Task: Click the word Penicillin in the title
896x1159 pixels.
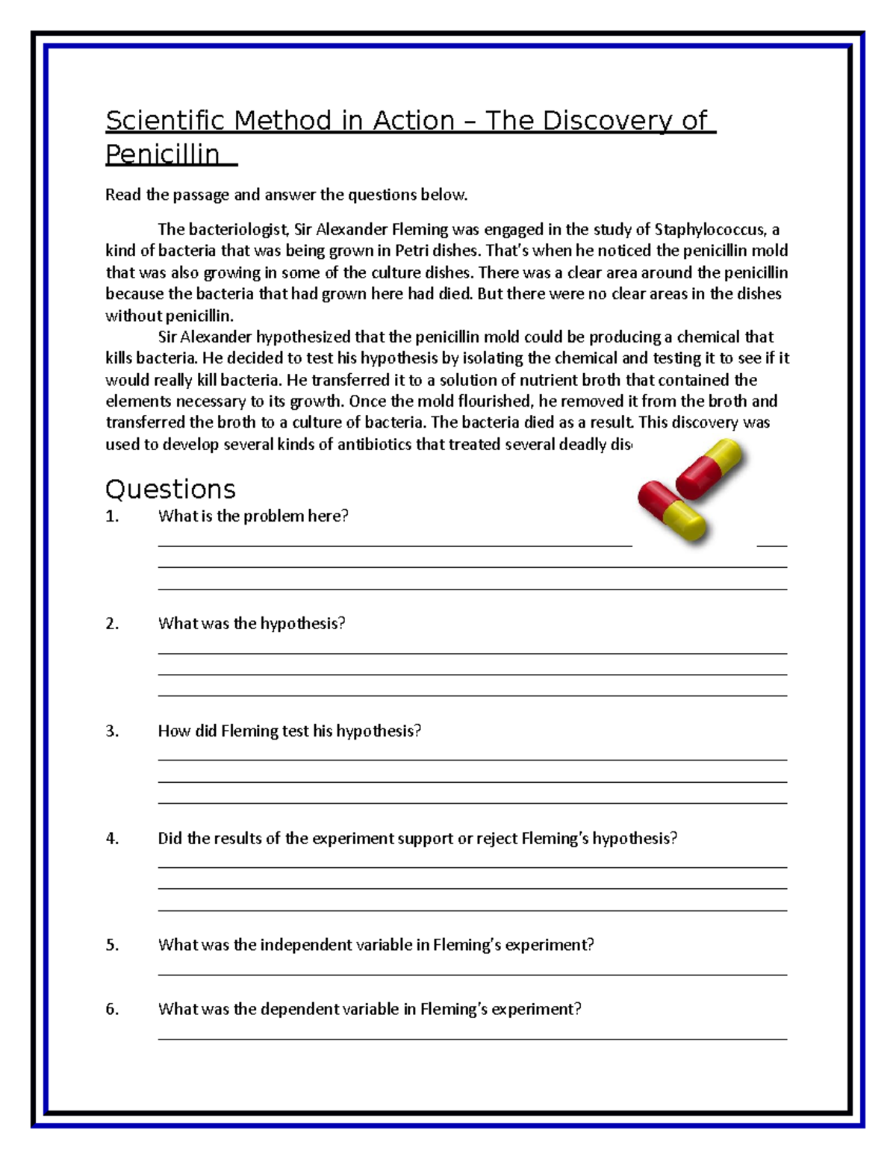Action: tap(163, 154)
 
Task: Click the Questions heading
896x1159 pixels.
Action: tap(170, 490)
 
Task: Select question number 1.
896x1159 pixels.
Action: tap(112, 516)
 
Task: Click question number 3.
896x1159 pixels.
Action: tap(112, 731)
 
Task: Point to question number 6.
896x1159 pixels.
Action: tap(112, 1010)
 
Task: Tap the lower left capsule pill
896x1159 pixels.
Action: tap(671, 511)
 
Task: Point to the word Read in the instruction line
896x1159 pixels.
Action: tap(123, 196)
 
